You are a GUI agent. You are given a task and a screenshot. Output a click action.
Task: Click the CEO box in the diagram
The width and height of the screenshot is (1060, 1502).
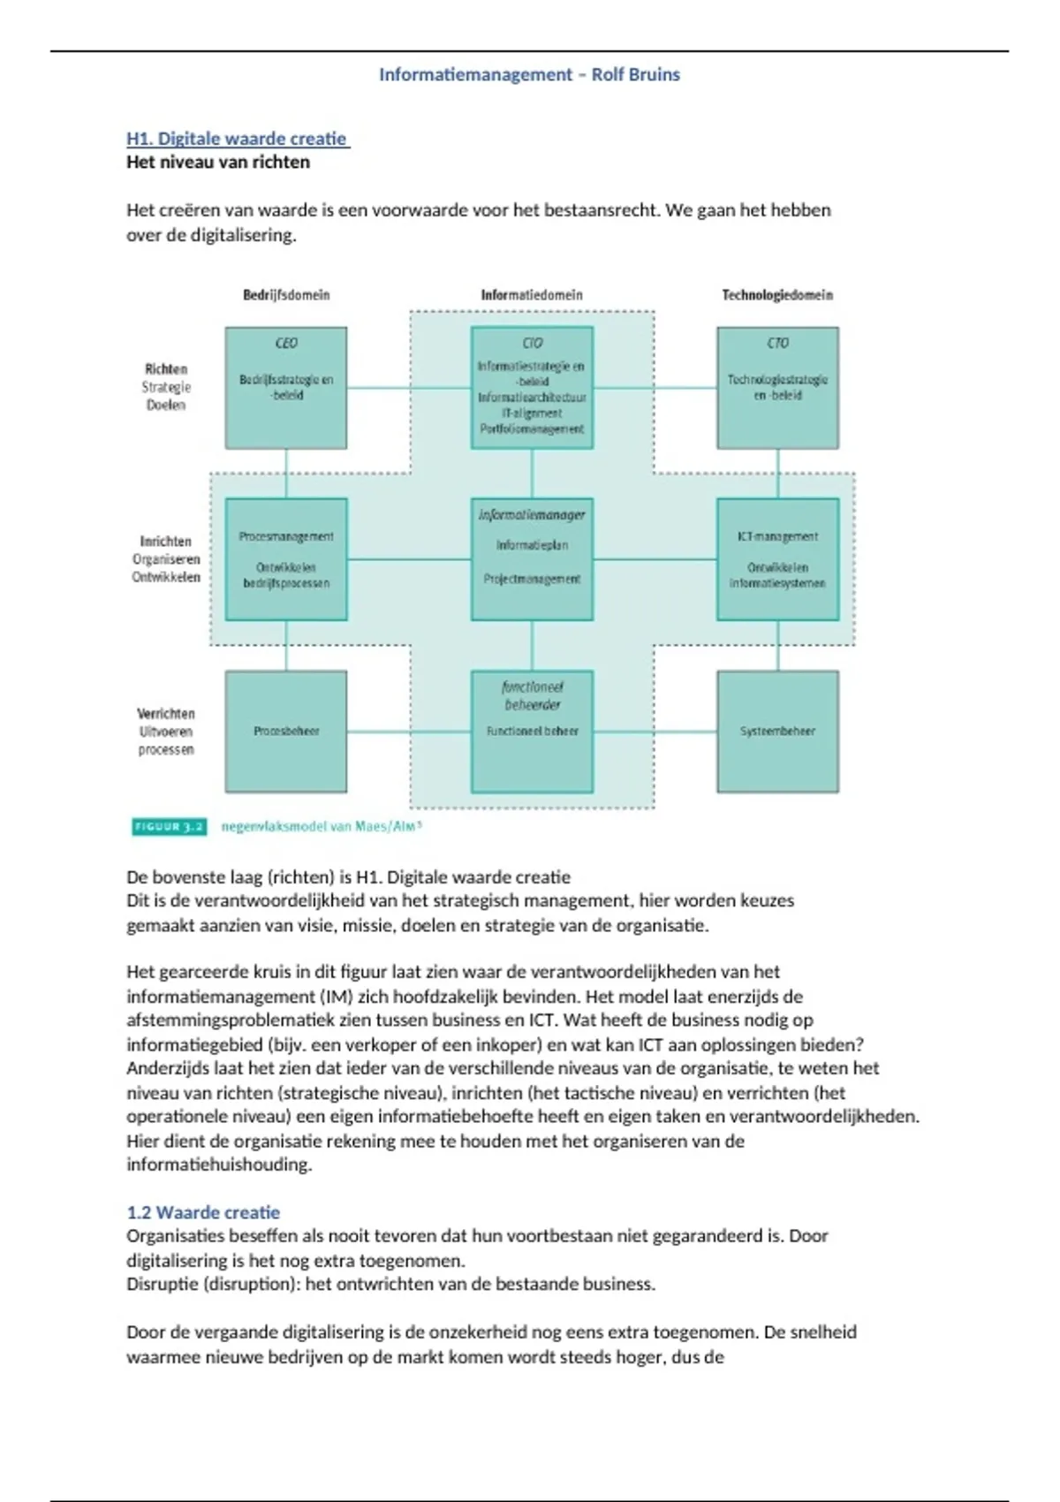click(285, 388)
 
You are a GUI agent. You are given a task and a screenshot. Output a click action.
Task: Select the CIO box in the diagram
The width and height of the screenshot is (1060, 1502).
click(532, 388)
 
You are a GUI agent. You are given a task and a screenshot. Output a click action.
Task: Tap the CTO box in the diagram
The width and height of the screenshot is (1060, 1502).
click(777, 388)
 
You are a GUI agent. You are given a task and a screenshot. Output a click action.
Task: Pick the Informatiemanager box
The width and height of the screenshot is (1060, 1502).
click(532, 559)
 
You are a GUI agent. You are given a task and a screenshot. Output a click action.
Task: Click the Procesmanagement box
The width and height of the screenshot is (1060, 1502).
click(285, 559)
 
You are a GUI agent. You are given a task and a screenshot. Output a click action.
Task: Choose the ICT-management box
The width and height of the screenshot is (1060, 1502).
click(777, 559)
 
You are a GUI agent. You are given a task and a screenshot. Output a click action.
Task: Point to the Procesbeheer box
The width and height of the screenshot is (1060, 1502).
click(285, 732)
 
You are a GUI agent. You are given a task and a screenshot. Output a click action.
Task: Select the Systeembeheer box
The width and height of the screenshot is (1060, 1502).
click(777, 732)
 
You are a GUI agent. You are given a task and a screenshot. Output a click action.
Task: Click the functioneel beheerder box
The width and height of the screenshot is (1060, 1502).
click(532, 732)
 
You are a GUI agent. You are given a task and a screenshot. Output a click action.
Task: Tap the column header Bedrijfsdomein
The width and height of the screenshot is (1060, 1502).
click(286, 295)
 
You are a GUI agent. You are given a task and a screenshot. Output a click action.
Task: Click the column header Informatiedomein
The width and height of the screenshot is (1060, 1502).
click(532, 295)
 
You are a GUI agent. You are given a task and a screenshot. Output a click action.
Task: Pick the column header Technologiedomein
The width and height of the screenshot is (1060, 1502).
click(777, 295)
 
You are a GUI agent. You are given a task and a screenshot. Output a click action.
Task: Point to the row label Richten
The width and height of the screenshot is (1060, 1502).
click(166, 369)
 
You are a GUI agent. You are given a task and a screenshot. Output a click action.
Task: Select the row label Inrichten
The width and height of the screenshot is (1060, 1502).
click(165, 541)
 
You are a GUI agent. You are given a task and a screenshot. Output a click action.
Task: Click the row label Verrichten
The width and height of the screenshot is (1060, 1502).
click(166, 713)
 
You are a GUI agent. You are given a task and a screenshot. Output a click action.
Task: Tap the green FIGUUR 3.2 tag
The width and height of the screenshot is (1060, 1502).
click(169, 827)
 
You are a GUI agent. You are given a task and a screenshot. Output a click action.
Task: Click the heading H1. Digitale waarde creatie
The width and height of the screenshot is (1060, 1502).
click(238, 139)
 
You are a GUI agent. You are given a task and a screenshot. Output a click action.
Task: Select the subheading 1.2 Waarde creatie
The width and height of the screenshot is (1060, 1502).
click(203, 1212)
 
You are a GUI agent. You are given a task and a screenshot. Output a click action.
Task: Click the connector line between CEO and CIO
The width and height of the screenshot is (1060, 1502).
click(408, 388)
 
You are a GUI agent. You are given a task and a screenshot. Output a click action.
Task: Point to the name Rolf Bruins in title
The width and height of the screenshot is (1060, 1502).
click(636, 75)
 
